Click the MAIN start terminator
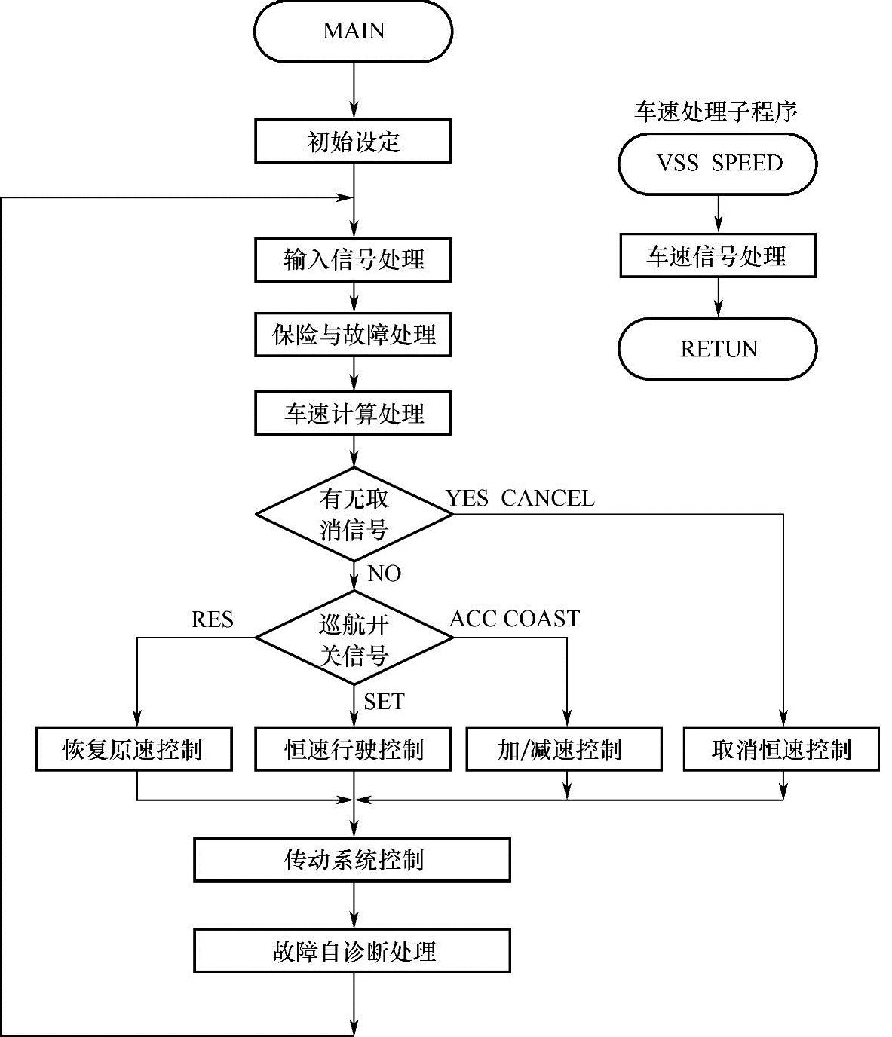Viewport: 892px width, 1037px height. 353,31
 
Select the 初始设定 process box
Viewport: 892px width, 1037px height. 353,141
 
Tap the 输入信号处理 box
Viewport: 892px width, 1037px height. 353,260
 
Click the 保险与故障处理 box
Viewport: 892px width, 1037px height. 353,335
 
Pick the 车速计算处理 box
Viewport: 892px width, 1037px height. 353,413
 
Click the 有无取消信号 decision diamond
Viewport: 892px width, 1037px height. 354,514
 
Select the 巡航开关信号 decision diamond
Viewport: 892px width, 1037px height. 354,638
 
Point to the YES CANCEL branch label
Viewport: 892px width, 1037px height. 520,498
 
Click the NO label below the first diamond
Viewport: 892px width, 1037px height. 384,574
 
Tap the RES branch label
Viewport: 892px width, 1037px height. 212,619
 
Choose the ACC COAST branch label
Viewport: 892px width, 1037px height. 514,619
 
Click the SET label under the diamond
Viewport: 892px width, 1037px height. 384,702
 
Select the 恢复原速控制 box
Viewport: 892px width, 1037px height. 133,749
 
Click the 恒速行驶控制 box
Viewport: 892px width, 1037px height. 353,749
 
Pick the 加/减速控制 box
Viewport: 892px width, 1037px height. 564,749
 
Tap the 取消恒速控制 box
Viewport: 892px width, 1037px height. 781,749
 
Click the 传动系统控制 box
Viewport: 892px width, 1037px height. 352,860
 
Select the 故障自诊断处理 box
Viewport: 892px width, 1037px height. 352,951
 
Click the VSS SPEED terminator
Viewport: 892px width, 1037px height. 718,164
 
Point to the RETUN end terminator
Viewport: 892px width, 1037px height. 718,349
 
